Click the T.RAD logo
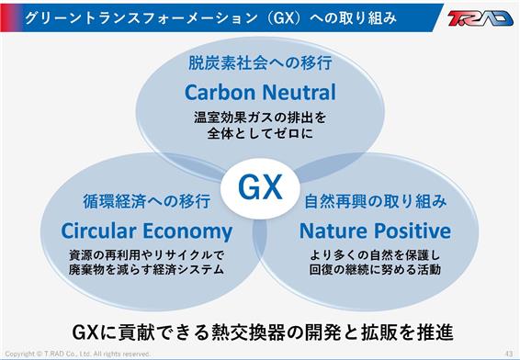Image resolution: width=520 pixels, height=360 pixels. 480,17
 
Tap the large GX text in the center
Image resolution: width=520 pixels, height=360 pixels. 260,187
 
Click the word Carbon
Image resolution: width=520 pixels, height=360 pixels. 220,92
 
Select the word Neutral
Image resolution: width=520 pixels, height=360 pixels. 299,92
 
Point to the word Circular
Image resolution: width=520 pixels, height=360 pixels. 98,231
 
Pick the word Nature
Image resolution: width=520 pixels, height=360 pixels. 333,231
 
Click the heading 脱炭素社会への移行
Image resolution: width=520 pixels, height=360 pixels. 260,62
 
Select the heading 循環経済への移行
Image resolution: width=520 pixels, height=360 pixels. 147,201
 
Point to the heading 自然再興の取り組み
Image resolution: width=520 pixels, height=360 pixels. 376,201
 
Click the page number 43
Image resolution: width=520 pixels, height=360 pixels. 509,353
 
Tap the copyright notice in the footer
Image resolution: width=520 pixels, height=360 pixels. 77,354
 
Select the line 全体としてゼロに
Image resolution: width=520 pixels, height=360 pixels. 260,133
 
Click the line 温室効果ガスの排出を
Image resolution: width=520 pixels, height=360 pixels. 260,118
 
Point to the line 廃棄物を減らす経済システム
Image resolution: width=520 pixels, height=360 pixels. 147,269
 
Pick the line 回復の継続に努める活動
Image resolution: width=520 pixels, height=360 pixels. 375,269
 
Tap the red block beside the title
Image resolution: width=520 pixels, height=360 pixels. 11,17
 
